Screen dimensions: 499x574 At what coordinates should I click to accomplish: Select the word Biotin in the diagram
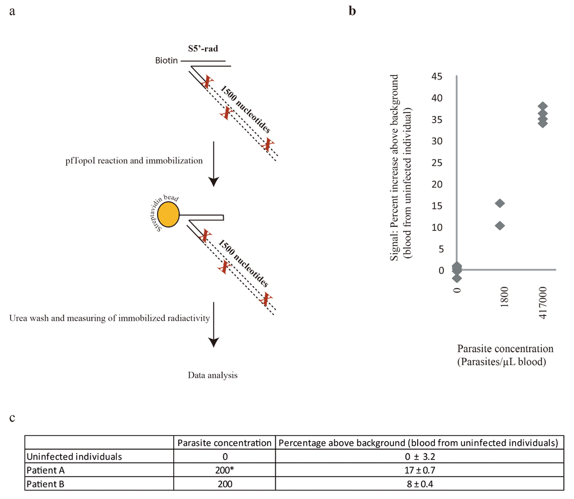click(x=167, y=61)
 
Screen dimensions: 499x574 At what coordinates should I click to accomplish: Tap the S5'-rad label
click(x=203, y=49)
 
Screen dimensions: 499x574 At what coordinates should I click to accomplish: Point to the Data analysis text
click(x=212, y=375)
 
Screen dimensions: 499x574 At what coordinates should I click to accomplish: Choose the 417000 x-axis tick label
click(x=543, y=302)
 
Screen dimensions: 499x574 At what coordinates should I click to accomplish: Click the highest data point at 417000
click(x=543, y=106)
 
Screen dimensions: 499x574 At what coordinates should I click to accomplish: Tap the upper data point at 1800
click(x=500, y=203)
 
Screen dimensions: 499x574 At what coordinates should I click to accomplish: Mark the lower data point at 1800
click(x=500, y=226)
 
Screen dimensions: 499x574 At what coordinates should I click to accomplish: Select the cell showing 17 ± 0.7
click(x=419, y=470)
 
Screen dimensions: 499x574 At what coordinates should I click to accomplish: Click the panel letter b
click(x=352, y=11)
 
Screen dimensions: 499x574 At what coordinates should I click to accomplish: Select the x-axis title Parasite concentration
click(x=506, y=348)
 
